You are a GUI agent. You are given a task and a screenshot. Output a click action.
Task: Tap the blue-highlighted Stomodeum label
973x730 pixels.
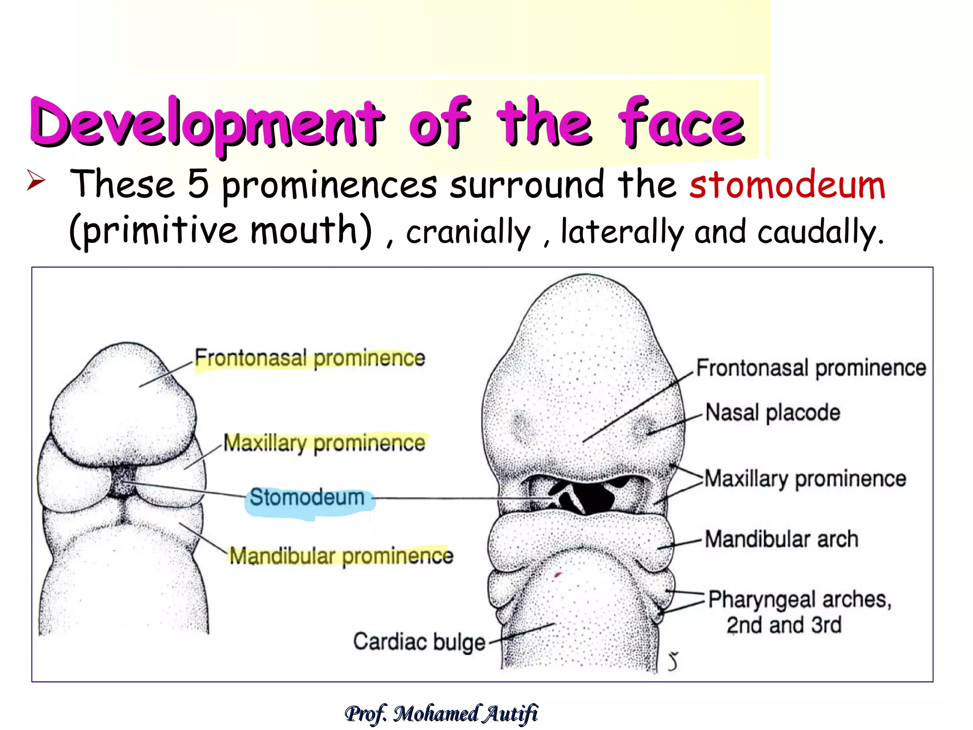pyautogui.click(x=307, y=498)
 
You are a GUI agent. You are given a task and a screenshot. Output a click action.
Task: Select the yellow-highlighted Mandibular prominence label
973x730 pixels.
pyautogui.click(x=341, y=556)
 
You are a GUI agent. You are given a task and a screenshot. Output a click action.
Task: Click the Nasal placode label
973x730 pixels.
pyautogui.click(x=773, y=413)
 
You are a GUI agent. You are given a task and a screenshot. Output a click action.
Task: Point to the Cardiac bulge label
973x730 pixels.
pyautogui.click(x=419, y=642)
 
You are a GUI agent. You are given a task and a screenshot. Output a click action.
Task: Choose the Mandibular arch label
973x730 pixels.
pyautogui.click(x=782, y=539)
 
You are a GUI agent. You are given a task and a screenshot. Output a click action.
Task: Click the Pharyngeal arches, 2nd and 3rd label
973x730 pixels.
pyautogui.click(x=799, y=612)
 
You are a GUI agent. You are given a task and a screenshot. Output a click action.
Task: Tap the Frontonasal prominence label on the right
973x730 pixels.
pyautogui.click(x=811, y=368)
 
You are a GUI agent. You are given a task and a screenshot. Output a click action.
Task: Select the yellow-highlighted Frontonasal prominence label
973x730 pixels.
pyautogui.click(x=310, y=358)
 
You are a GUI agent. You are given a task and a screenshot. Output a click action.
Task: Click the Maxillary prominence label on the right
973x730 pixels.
pyautogui.click(x=805, y=479)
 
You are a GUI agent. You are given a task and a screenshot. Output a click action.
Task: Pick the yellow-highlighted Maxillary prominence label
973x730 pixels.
pyautogui.click(x=324, y=443)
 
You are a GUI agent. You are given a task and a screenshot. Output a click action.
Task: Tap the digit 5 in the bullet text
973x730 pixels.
pyautogui.click(x=198, y=184)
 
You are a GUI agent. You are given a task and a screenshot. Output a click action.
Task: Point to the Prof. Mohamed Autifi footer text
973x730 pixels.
pyautogui.click(x=441, y=714)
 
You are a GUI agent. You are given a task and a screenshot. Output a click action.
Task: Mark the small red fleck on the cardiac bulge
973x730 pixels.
pyautogui.click(x=558, y=576)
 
